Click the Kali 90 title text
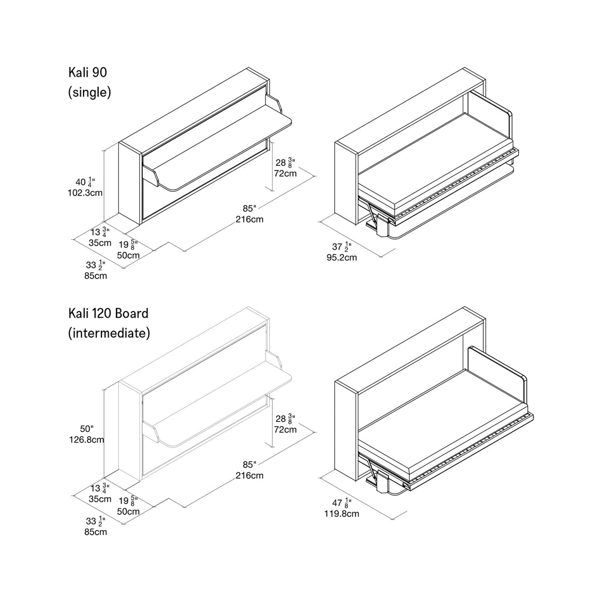click(88, 72)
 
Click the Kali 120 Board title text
click(108, 313)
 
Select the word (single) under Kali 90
click(89, 92)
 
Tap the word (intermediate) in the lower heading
click(109, 333)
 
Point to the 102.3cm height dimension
click(85, 193)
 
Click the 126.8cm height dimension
click(86, 440)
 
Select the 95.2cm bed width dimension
click(342, 258)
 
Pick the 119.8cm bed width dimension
click(342, 514)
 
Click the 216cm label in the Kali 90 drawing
click(250, 219)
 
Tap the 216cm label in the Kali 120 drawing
click(250, 475)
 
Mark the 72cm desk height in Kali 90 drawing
click(285, 173)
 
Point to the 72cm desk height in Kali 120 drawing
click(285, 430)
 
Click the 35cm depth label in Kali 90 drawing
click(100, 243)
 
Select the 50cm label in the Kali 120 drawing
click(128, 511)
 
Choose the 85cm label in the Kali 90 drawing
click(96, 276)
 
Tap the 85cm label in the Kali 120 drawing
click(96, 532)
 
